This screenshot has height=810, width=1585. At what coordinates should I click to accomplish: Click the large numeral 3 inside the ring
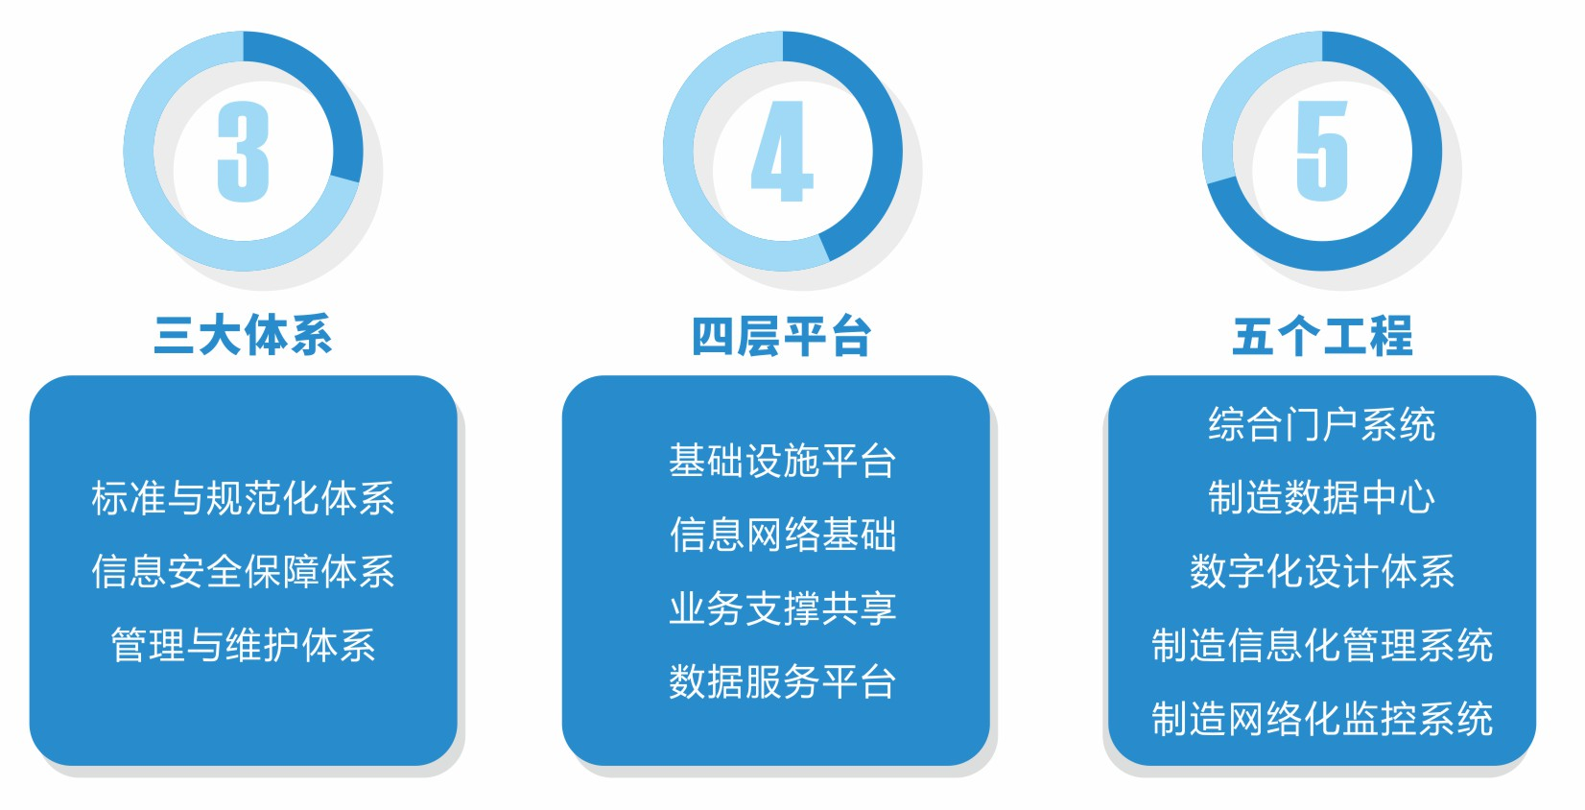pyautogui.click(x=244, y=151)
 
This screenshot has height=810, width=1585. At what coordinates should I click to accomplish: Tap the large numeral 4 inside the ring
pyautogui.click(x=782, y=151)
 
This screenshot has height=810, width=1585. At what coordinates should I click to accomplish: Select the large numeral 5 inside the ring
pyautogui.click(x=1322, y=151)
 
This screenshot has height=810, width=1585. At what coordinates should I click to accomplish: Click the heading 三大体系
pyautogui.click(x=243, y=335)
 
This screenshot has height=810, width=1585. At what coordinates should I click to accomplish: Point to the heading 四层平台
pyautogui.click(x=782, y=336)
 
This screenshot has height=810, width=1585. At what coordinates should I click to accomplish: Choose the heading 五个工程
pyautogui.click(x=1322, y=336)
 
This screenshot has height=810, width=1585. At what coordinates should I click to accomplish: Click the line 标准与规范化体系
pyautogui.click(x=243, y=498)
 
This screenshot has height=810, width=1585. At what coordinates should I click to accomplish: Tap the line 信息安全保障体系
pyautogui.click(x=243, y=571)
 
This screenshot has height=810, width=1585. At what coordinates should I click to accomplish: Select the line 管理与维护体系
pyautogui.click(x=243, y=645)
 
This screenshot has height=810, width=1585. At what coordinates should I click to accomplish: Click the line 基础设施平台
pyautogui.click(x=783, y=461)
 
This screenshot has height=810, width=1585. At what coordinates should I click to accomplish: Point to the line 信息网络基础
pyautogui.click(x=783, y=535)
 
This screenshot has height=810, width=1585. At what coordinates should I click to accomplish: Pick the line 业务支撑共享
pyautogui.click(x=783, y=608)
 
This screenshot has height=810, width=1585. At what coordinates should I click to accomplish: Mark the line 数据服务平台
pyautogui.click(x=783, y=681)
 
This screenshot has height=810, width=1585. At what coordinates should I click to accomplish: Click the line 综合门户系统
pyautogui.click(x=1322, y=424)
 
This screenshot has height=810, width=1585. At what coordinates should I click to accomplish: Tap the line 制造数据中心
pyautogui.click(x=1322, y=498)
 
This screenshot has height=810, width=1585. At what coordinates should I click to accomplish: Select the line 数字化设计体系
pyautogui.click(x=1322, y=571)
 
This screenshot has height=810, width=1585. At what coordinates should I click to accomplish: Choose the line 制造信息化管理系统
pyautogui.click(x=1322, y=645)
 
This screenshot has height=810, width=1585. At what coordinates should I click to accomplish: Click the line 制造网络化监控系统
pyautogui.click(x=1322, y=719)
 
